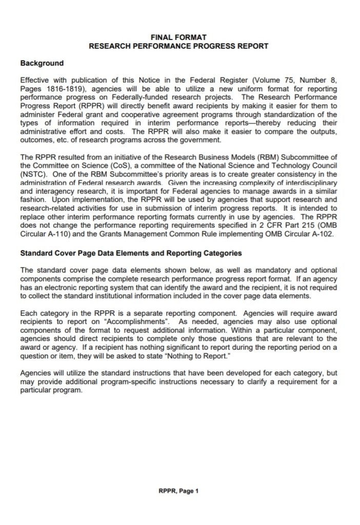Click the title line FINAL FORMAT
pyautogui.click(x=179, y=37)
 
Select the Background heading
pyautogui.click(x=42, y=64)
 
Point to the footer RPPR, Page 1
pyautogui.click(x=178, y=491)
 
